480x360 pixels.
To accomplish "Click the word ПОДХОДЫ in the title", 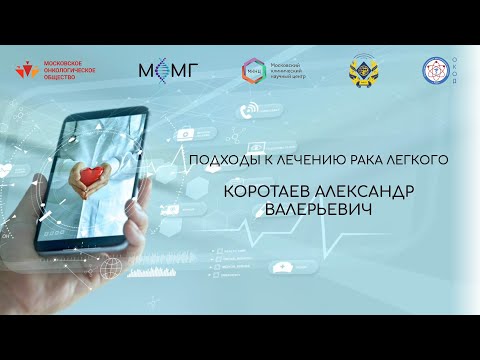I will (x=223, y=159).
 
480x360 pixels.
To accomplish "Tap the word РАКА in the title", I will (x=368, y=159).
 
